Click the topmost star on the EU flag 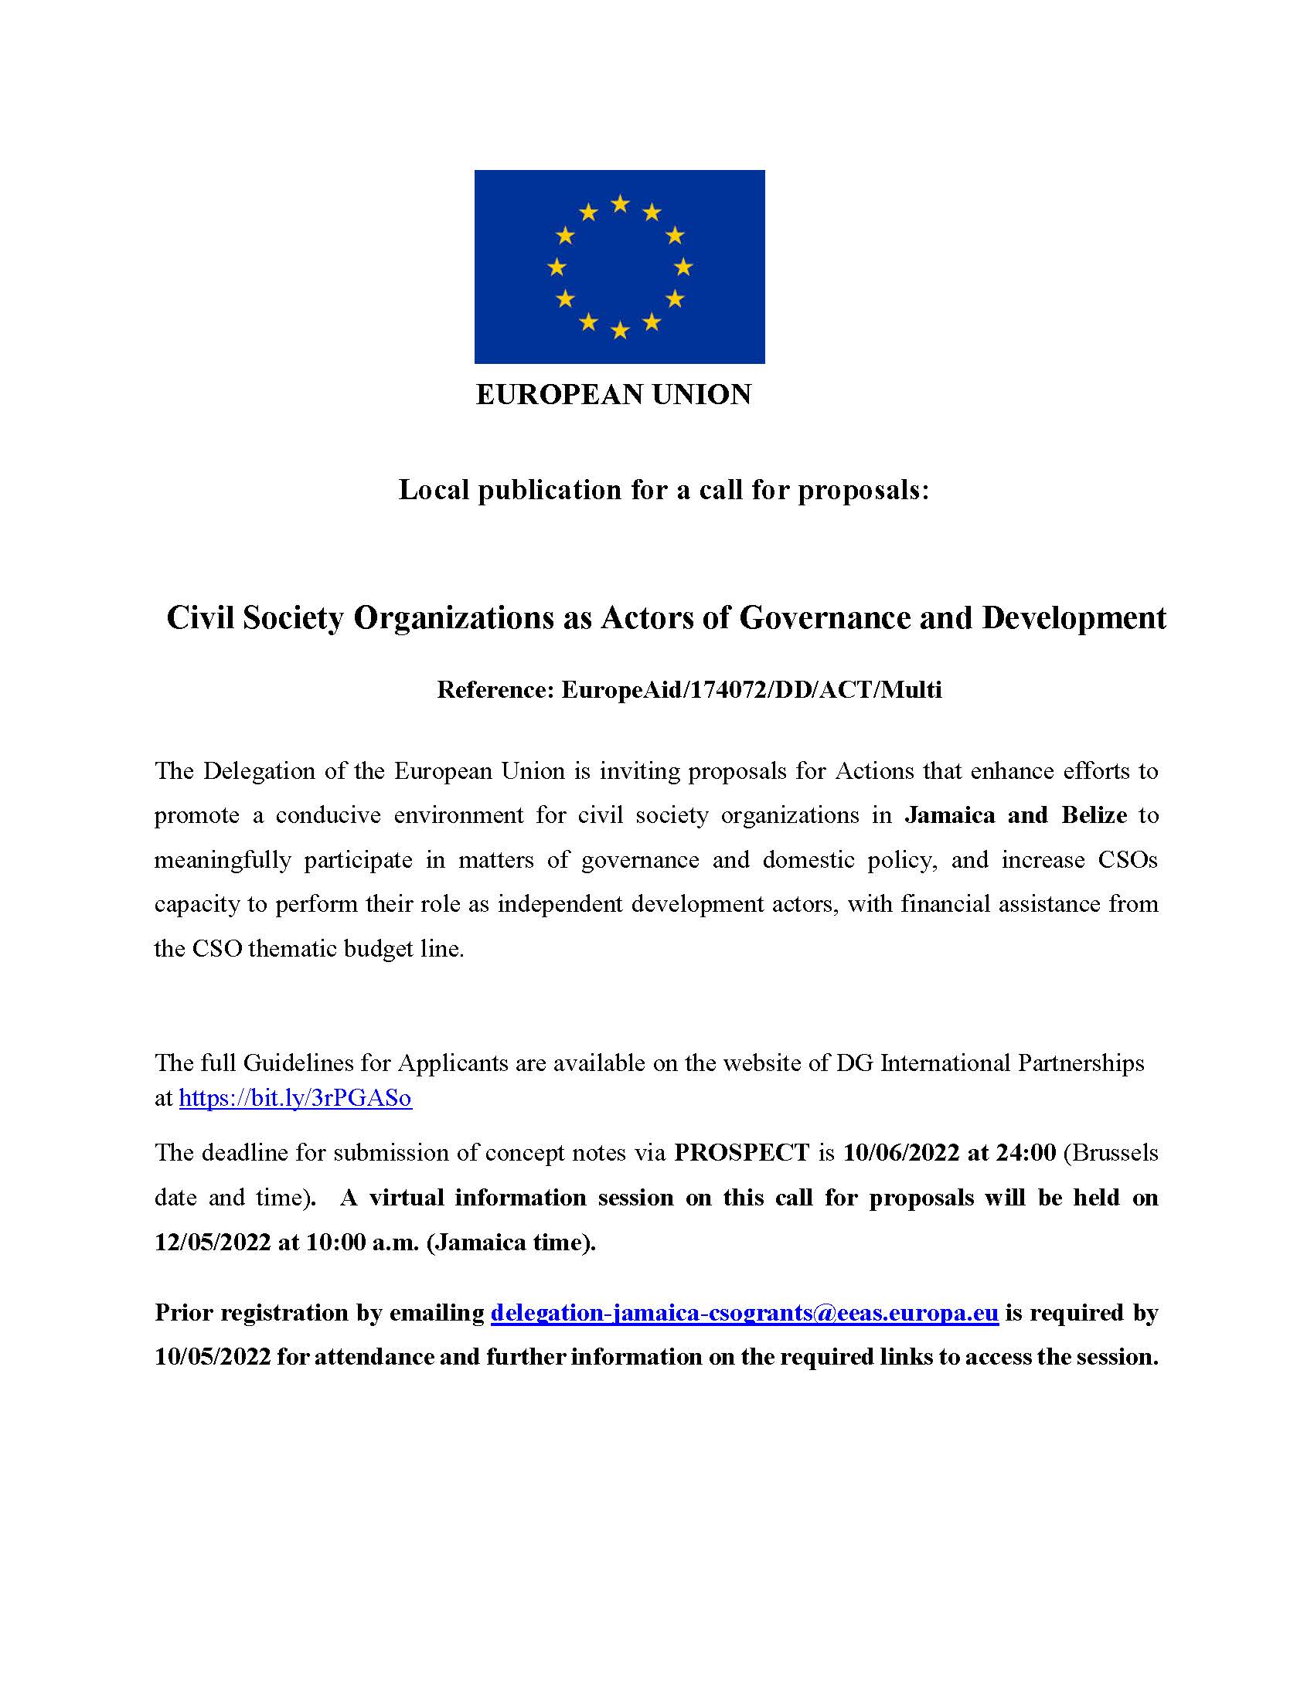coord(620,204)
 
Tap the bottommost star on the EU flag coord(620,331)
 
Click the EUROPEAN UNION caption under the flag coord(614,395)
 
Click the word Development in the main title coord(1074,618)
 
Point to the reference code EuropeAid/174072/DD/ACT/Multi coord(751,689)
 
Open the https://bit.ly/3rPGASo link coord(295,1097)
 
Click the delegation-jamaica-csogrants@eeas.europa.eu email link coord(744,1312)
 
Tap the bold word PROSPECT coord(742,1152)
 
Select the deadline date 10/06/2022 coord(901,1152)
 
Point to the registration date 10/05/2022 coord(213,1357)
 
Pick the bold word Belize coord(1094,815)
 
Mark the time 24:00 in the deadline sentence coord(1025,1152)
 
